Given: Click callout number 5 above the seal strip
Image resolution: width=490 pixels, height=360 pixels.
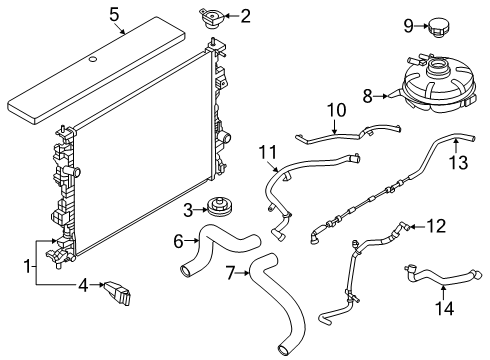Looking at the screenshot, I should tap(114, 15).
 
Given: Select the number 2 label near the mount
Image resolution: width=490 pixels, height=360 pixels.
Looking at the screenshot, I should tap(245, 15).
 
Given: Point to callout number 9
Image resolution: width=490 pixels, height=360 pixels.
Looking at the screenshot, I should tap(408, 24).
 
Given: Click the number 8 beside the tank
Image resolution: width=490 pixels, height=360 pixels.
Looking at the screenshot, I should tap(366, 96).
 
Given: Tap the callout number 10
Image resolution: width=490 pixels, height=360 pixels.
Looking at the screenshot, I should tap(333, 109).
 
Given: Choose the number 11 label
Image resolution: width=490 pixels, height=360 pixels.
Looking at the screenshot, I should tap(265, 151).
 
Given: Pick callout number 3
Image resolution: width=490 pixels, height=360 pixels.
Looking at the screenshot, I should tap(187, 209).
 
